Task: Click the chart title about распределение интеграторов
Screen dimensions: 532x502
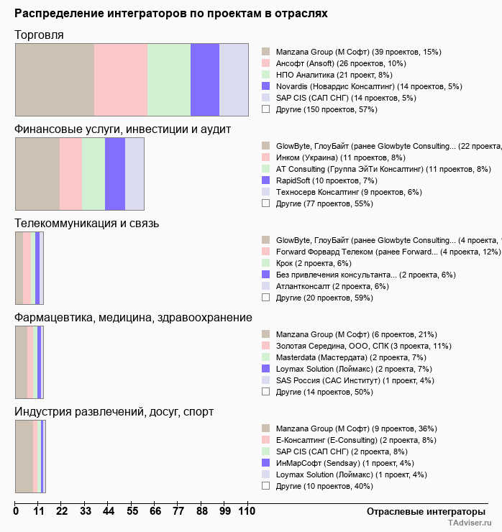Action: (x=171, y=14)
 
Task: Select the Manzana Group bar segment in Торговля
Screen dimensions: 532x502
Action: (x=55, y=79)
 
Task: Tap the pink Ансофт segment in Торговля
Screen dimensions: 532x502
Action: (x=121, y=79)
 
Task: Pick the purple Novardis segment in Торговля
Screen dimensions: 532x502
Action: (x=205, y=79)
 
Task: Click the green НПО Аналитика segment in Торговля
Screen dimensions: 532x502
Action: (x=169, y=79)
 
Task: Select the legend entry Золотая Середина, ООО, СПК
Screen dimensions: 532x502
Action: (x=363, y=346)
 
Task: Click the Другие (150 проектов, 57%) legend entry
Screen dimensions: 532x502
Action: (x=327, y=109)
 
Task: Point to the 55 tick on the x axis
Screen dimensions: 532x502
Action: (x=132, y=511)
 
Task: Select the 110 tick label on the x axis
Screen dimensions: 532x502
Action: (x=247, y=511)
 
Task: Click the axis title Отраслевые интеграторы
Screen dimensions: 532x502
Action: (x=421, y=511)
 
